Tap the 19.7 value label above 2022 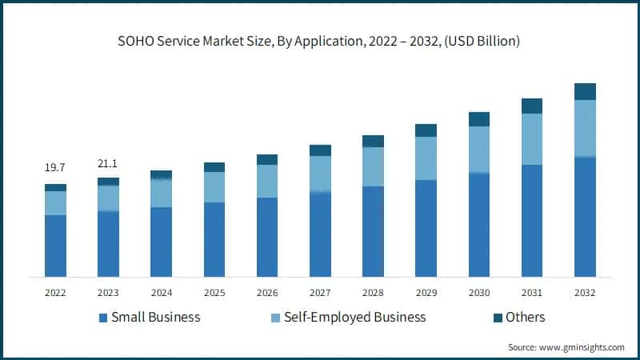pos(55,167)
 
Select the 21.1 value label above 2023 pos(108,164)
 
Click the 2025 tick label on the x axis pos(214,292)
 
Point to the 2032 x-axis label pos(585,292)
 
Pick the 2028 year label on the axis pos(373,292)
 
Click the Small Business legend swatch pos(103,318)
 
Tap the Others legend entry pos(524,318)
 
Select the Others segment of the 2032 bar pos(585,91)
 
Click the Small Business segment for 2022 pos(55,246)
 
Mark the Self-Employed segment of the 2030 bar pos(479,150)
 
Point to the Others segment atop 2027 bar pos(320,150)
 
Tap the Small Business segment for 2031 pos(532,221)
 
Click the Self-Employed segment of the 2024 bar pos(161,193)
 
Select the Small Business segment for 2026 pos(267,237)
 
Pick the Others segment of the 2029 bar pos(426,130)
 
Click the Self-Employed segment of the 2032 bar pos(585,128)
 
